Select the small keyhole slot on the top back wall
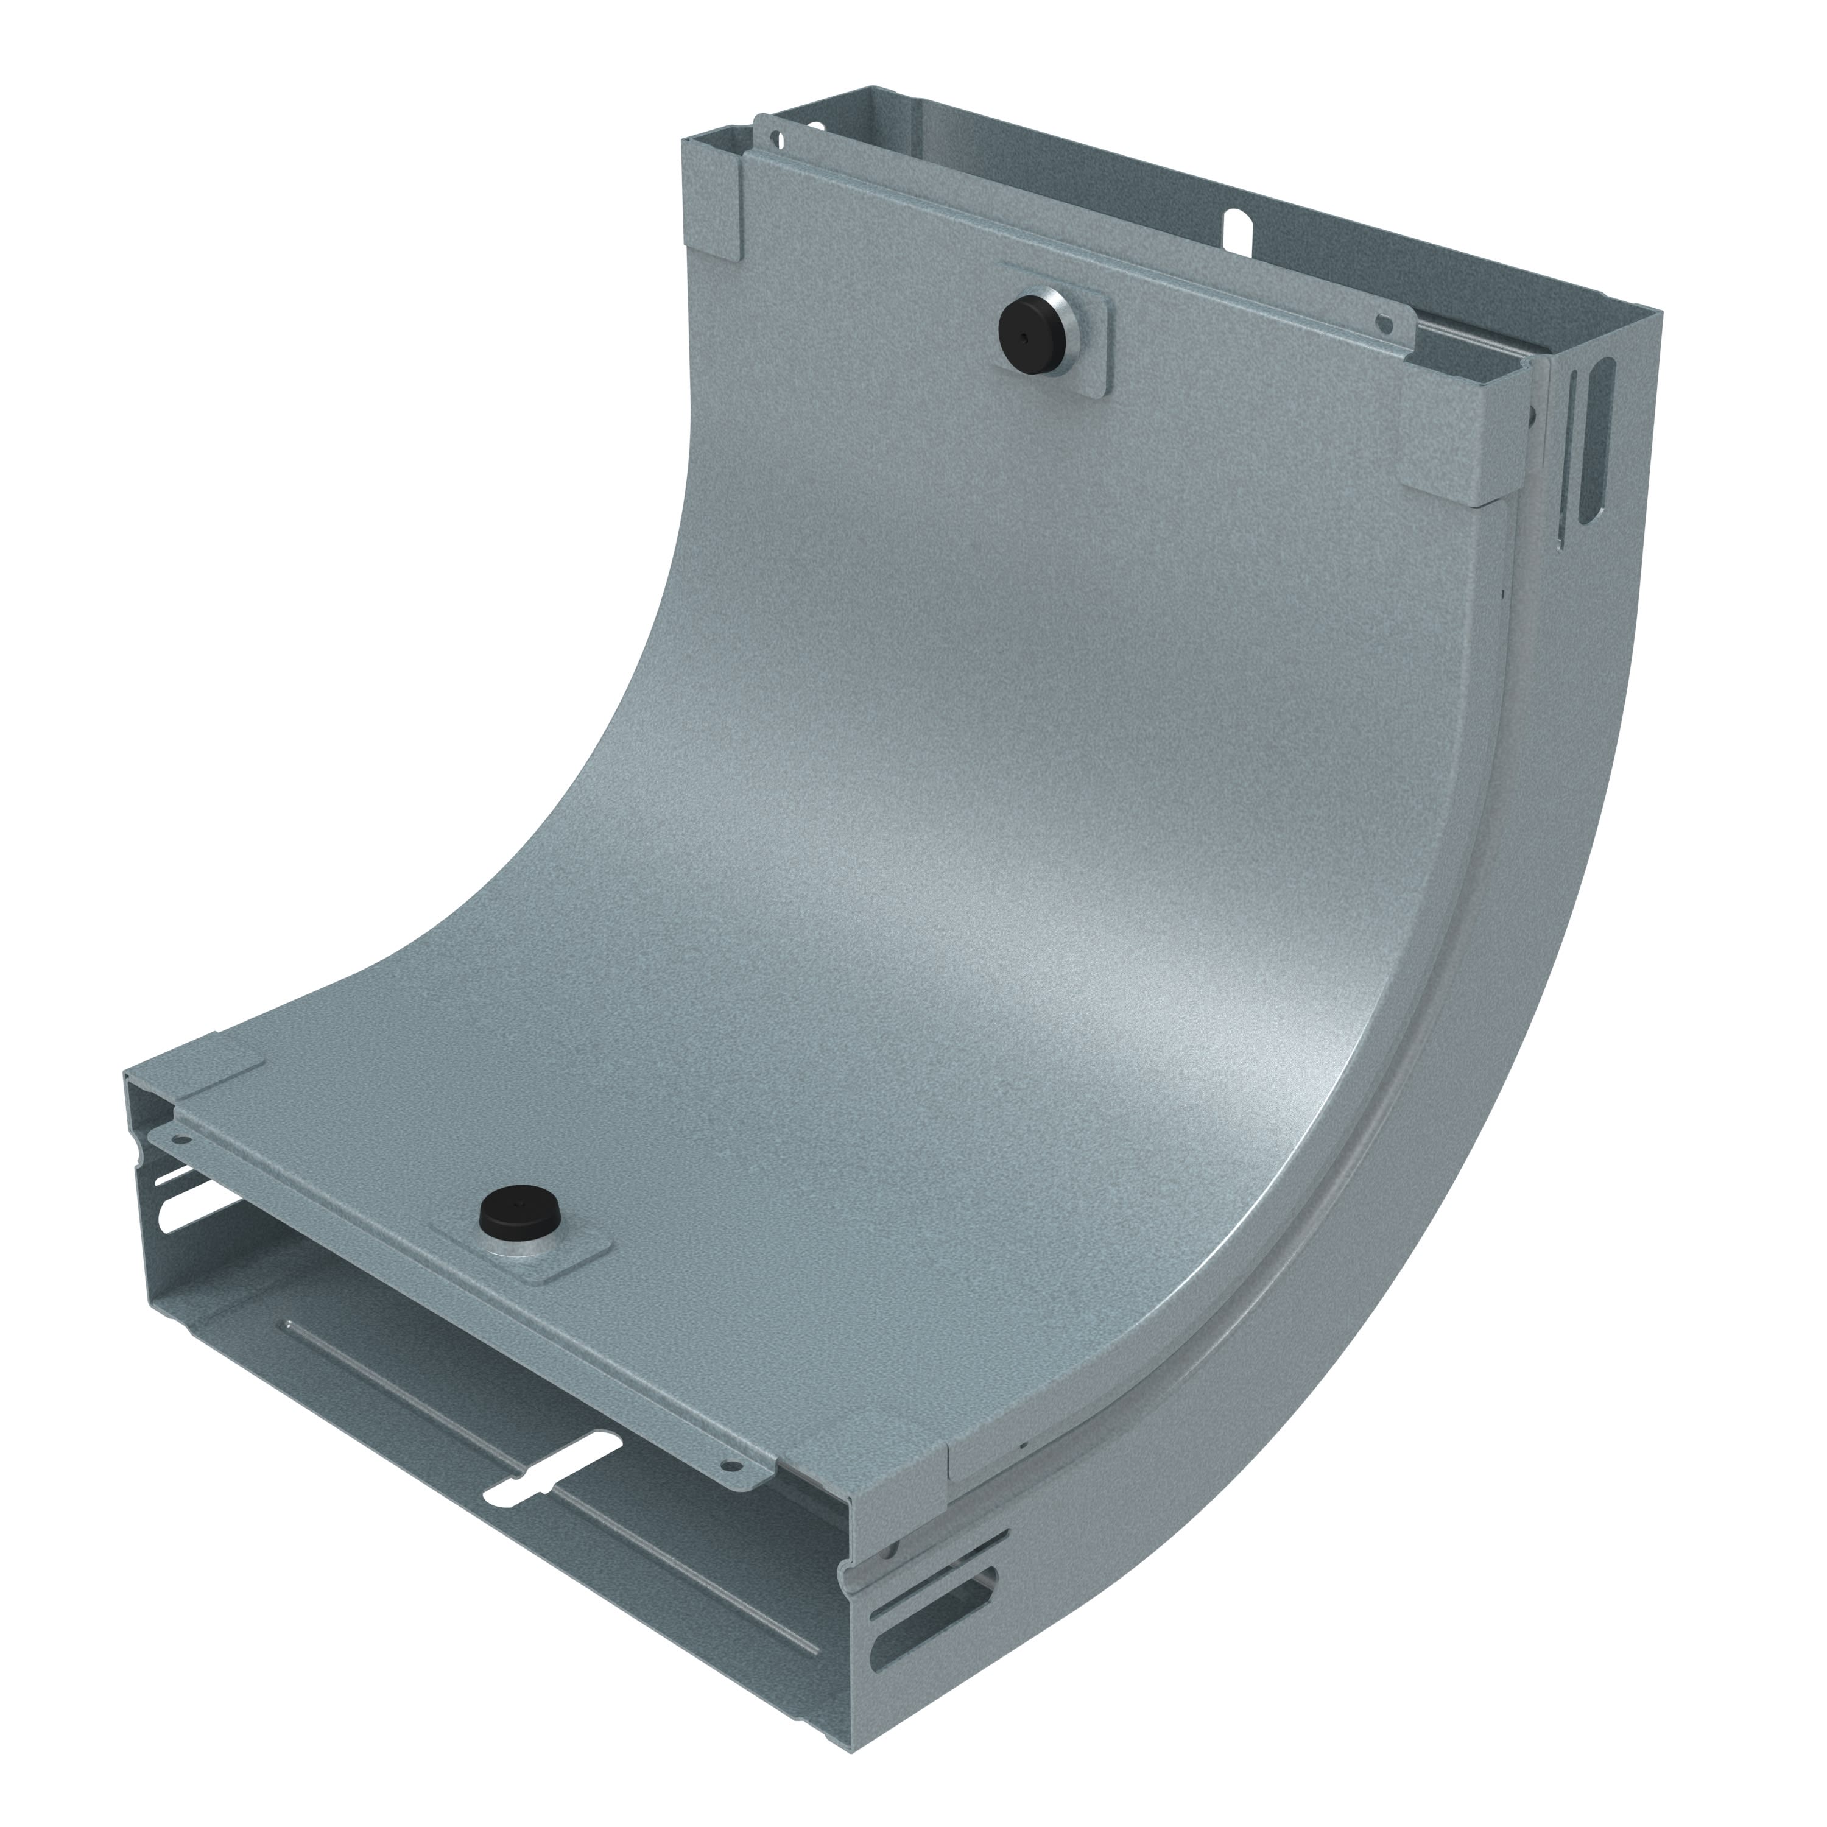pos(1237,228)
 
